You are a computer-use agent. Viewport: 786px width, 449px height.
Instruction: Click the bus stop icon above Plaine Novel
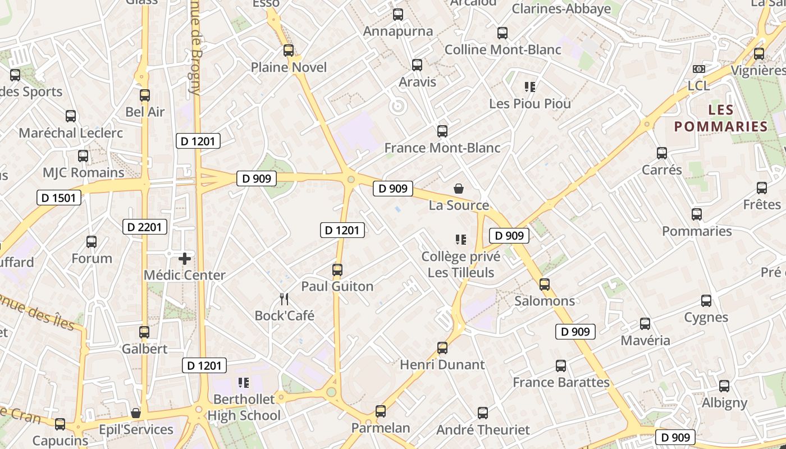pos(289,51)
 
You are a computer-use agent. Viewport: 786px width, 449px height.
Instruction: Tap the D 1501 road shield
pos(59,198)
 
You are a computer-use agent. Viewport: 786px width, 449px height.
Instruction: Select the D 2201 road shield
pos(145,227)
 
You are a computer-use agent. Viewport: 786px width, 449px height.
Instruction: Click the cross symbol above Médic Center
pos(185,259)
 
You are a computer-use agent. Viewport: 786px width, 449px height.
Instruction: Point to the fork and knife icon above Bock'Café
pos(284,299)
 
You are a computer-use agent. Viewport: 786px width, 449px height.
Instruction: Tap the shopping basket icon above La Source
pos(459,189)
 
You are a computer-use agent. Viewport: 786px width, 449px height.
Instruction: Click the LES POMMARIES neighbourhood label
pos(720,118)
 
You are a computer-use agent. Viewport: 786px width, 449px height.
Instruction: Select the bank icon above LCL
pos(699,68)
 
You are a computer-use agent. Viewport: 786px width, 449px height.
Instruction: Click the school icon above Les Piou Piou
pos(529,87)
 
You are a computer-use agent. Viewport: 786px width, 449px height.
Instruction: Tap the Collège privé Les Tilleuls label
pos(461,265)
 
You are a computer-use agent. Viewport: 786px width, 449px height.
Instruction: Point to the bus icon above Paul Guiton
pos(337,270)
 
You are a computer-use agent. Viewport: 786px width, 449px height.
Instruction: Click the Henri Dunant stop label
pos(442,365)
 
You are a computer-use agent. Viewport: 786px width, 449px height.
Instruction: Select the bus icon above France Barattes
pos(561,366)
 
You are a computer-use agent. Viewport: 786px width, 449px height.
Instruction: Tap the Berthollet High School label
pos(244,407)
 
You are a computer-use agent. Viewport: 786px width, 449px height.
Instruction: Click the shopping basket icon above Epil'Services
pos(136,413)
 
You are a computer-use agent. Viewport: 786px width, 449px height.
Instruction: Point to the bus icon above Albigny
pos(724,386)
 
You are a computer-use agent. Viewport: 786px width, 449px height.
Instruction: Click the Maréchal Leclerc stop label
pos(71,133)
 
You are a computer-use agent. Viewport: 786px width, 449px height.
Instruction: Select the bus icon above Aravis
pos(417,65)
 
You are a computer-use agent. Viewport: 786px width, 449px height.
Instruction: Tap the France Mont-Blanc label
pos(442,148)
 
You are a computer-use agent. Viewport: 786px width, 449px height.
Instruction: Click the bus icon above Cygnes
pos(706,301)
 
